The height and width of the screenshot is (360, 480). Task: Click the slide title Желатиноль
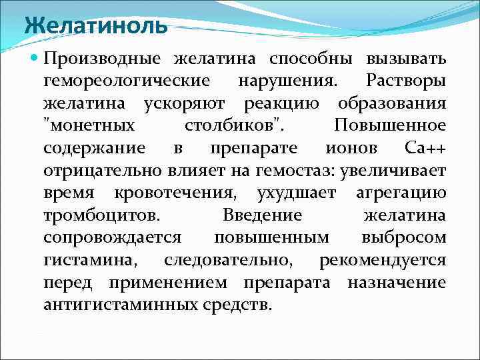(x=95, y=27)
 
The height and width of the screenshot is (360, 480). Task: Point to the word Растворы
(x=406, y=82)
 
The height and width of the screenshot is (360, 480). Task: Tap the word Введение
(x=262, y=217)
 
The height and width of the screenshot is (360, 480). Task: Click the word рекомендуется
(x=383, y=261)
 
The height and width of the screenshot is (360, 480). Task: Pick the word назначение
(x=397, y=283)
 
